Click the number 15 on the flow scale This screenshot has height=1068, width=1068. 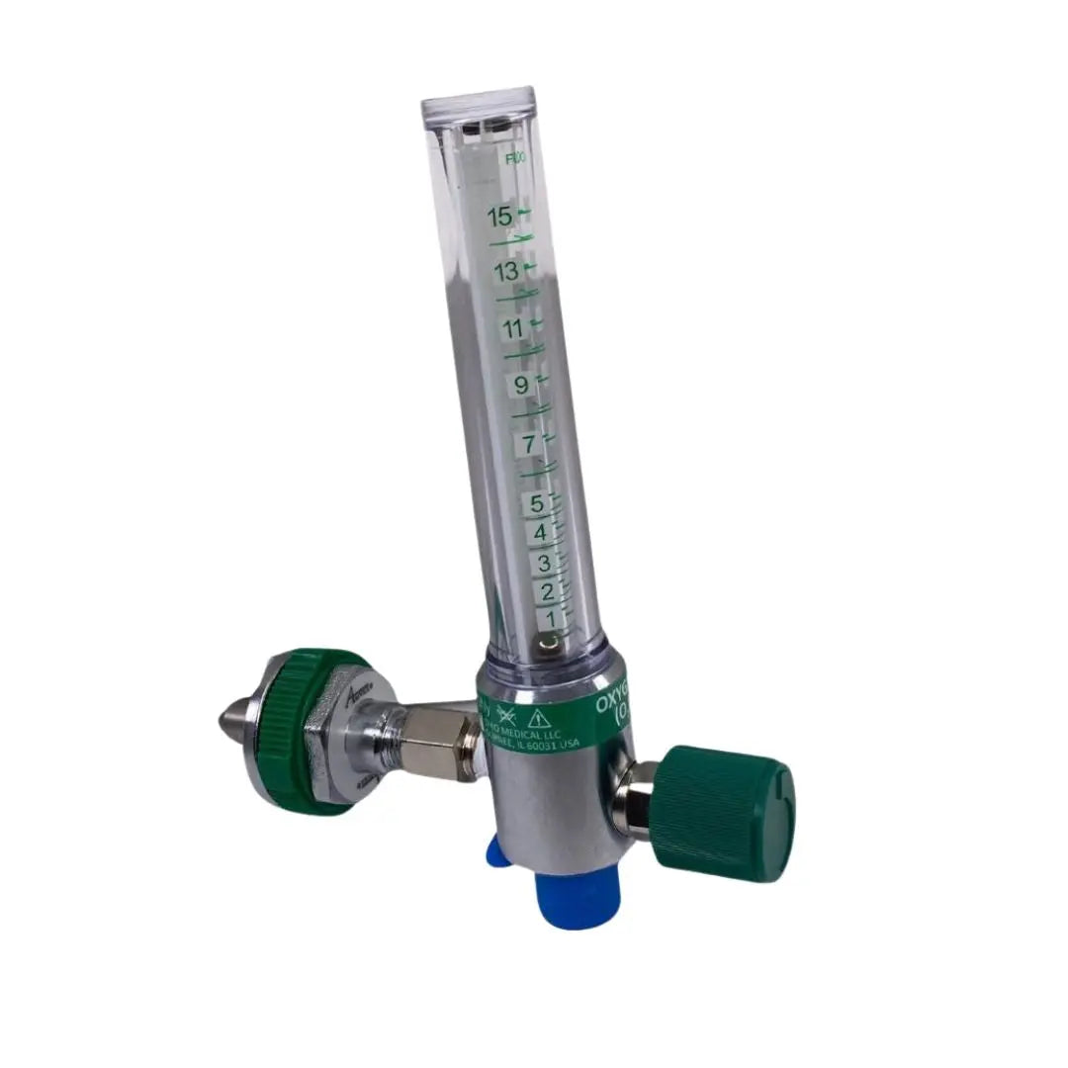pyautogui.click(x=500, y=216)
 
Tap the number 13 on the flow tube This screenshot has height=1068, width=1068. pyautogui.click(x=507, y=272)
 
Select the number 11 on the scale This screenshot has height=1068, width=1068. pyautogui.click(x=513, y=328)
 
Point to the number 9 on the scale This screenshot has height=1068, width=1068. pyautogui.click(x=521, y=386)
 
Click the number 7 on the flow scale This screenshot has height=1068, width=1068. pyautogui.click(x=529, y=445)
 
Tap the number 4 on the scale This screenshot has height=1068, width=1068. pyautogui.click(x=541, y=534)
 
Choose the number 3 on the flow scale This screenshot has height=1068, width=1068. pyautogui.click(x=544, y=564)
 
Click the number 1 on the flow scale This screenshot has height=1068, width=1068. pyautogui.click(x=552, y=619)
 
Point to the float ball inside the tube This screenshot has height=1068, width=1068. pyautogui.click(x=547, y=644)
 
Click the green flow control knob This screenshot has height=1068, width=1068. pyautogui.click(x=727, y=813)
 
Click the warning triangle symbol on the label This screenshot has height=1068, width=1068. pyautogui.click(x=539, y=716)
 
